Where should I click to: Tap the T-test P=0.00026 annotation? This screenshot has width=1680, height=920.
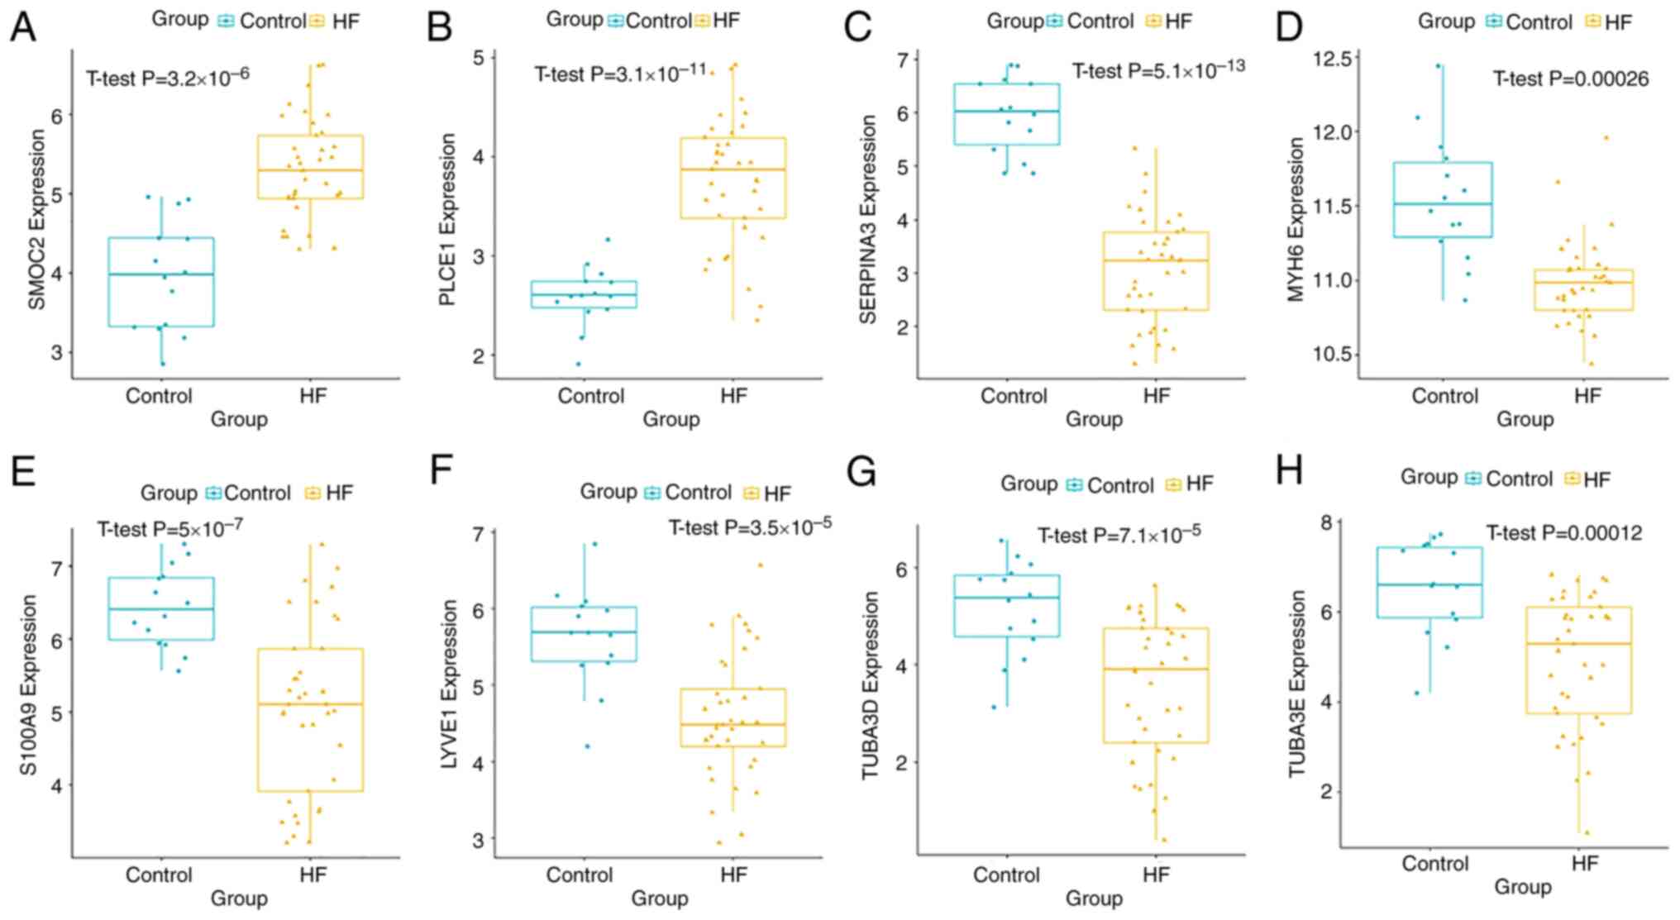pos(1570,79)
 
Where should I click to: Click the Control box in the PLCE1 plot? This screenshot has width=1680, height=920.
pos(585,294)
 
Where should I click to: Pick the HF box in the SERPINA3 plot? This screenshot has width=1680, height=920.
pos(1156,271)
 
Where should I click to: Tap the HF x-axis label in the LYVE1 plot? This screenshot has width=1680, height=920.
pos(733,875)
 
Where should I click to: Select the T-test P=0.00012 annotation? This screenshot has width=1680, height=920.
pos(1564,533)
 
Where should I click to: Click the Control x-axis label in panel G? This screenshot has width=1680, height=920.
pos(1006,875)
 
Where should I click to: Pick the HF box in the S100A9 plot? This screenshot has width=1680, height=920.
pos(311,719)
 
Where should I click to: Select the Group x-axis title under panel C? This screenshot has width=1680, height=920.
pos(1093,419)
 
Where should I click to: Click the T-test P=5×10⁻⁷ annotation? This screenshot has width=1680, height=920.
pos(169,528)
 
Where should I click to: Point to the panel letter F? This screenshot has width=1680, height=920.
pos(441,472)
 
